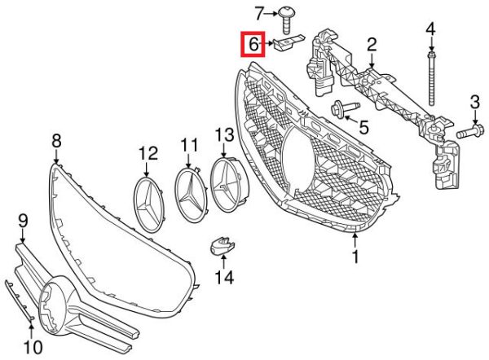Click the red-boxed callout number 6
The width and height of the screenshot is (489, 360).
[x=253, y=45]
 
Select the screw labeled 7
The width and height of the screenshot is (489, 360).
[x=285, y=20]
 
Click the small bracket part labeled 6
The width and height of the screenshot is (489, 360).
[x=288, y=42]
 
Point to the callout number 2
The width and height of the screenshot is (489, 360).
[x=372, y=45]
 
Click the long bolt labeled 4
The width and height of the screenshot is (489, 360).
[x=431, y=79]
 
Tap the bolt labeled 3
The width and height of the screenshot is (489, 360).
[x=470, y=131]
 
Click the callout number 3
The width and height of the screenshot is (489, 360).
[x=474, y=103]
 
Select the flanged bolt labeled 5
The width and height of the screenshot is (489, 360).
[x=346, y=109]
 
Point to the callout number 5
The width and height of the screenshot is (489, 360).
[x=363, y=127]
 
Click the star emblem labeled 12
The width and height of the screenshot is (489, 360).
[x=149, y=204]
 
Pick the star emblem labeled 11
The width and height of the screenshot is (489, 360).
[x=190, y=195]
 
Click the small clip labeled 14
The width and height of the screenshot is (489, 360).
[x=222, y=245]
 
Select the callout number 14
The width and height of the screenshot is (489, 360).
[x=225, y=277]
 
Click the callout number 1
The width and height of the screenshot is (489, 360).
[x=355, y=257]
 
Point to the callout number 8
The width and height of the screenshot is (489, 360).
[x=56, y=141]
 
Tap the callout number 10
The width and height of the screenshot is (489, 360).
[x=33, y=346]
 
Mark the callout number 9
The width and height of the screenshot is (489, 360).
[x=23, y=221]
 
